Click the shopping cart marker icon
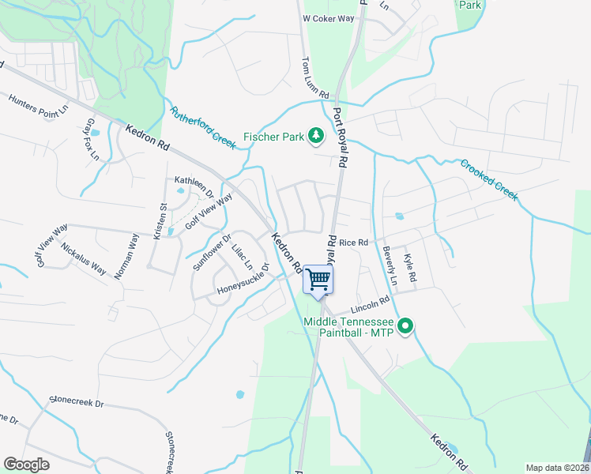click(x=318, y=279)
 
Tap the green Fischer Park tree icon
click(x=316, y=137)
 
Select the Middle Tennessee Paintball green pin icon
click(x=405, y=325)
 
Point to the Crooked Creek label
click(x=488, y=179)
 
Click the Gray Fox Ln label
click(x=92, y=139)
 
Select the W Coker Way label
click(x=328, y=18)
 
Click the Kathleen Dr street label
click(x=194, y=186)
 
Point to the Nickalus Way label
click(x=83, y=258)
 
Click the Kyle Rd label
click(x=410, y=269)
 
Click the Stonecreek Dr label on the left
click(x=77, y=402)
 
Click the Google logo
click(x=27, y=464)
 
